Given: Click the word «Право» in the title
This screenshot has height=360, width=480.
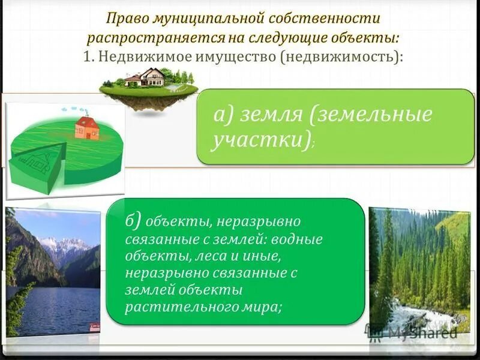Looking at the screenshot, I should [125, 19].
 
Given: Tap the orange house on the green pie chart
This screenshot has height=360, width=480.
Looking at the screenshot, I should [87, 127].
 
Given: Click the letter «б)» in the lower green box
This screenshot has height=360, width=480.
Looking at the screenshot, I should [134, 221].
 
